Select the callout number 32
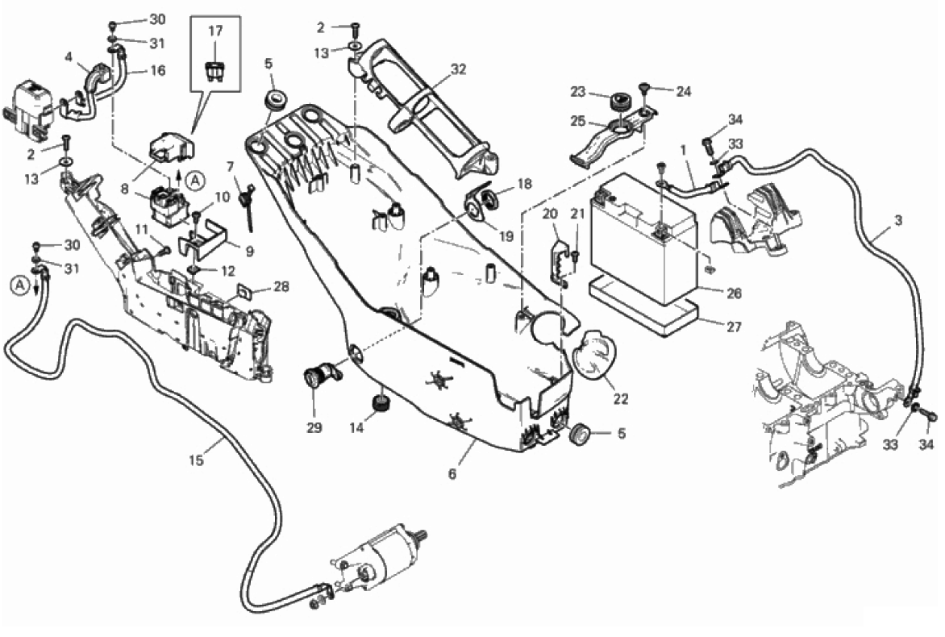(458, 70)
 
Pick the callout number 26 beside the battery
(733, 294)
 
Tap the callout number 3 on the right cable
(898, 220)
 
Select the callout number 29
(314, 427)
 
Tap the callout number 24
(683, 91)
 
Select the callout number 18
(525, 184)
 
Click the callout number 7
(230, 168)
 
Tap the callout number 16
(157, 71)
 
